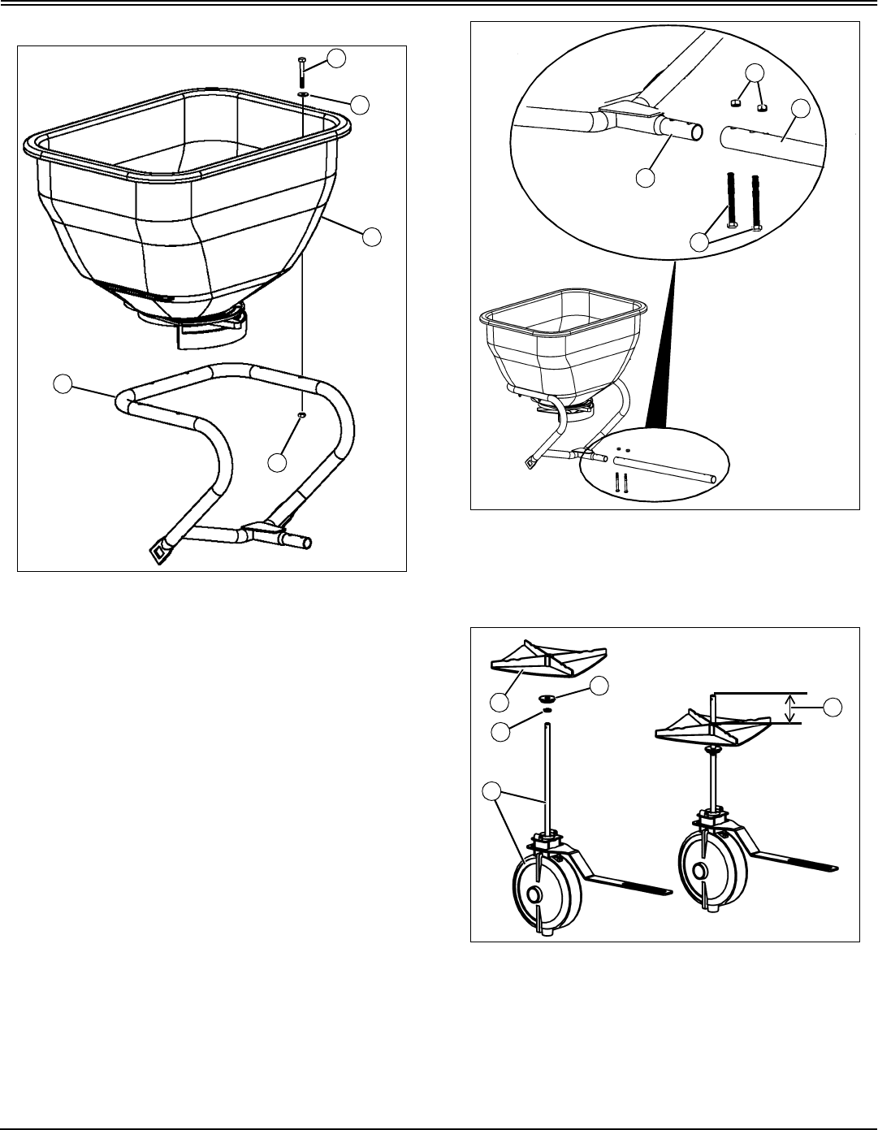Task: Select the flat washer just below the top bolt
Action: click(x=302, y=94)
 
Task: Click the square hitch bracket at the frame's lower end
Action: click(x=158, y=552)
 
